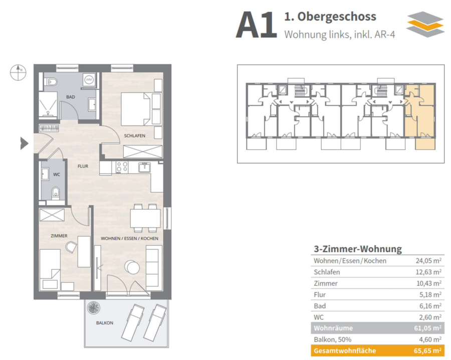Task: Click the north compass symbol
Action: [18, 72]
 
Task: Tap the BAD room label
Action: [71, 97]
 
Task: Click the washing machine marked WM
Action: [89, 79]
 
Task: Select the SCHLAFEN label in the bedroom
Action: [135, 135]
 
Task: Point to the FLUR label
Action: [83, 166]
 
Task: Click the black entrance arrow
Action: [24, 143]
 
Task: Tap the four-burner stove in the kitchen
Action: [122, 167]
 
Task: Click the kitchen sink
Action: [144, 167]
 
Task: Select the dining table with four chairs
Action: [145, 218]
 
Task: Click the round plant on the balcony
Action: [94, 308]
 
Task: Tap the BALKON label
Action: [104, 323]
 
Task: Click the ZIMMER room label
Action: [59, 236]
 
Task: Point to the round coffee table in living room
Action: [133, 267]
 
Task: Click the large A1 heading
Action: [256, 25]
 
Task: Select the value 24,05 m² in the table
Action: [428, 260]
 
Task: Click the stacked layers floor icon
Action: [425, 25]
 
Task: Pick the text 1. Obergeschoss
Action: [330, 17]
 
